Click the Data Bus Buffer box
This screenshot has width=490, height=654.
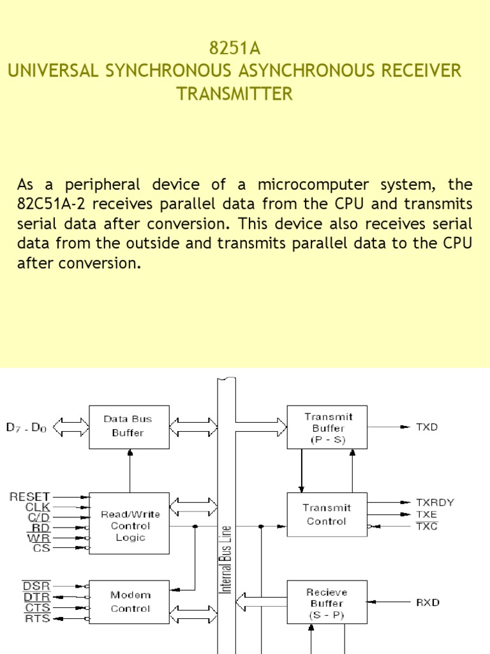pyautogui.click(x=129, y=426)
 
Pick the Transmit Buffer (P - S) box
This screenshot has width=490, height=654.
pyautogui.click(x=327, y=428)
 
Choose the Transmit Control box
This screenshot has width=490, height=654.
pyautogui.click(x=327, y=515)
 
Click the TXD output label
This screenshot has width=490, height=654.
pyautogui.click(x=427, y=427)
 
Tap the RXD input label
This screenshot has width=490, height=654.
pyautogui.click(x=427, y=602)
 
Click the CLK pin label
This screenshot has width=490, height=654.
pyautogui.click(x=38, y=506)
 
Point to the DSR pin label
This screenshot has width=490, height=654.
pyautogui.click(x=36, y=586)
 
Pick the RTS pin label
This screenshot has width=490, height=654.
pyautogui.click(x=37, y=618)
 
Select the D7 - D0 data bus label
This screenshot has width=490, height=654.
pyautogui.click(x=27, y=427)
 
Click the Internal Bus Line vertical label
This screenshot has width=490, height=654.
pyautogui.click(x=226, y=559)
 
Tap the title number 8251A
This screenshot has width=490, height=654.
pyautogui.click(x=235, y=49)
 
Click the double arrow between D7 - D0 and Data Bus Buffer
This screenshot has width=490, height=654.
pyautogui.click(x=71, y=426)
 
